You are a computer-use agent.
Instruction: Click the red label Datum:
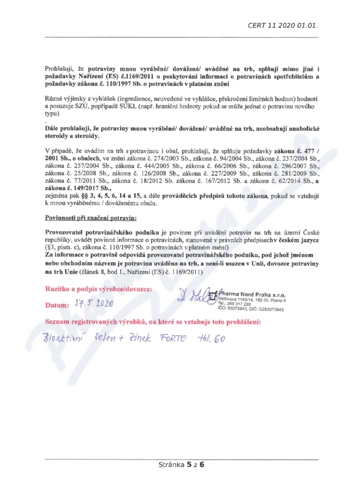point(57,306)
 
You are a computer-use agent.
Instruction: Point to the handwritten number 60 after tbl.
point(219,338)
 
